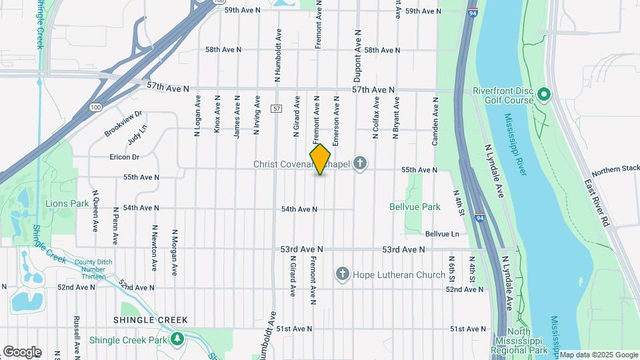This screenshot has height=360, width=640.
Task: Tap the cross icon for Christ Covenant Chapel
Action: [361, 163]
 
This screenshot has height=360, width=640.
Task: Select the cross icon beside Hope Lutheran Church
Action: [343, 274]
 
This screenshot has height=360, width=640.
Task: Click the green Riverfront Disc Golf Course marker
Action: [543, 95]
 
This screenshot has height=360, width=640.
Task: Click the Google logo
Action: [22, 352]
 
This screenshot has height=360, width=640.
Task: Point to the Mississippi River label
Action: [515, 144]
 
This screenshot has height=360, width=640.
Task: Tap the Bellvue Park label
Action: [415, 207]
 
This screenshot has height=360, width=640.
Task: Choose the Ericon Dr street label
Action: [125, 157]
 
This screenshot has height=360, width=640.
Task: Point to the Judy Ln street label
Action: [137, 136]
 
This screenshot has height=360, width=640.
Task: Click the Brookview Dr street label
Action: [123, 124]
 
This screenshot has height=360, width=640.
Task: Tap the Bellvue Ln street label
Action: [442, 234]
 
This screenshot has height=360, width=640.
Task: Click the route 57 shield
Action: [275, 108]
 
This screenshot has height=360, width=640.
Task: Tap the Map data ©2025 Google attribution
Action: [598, 355]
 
